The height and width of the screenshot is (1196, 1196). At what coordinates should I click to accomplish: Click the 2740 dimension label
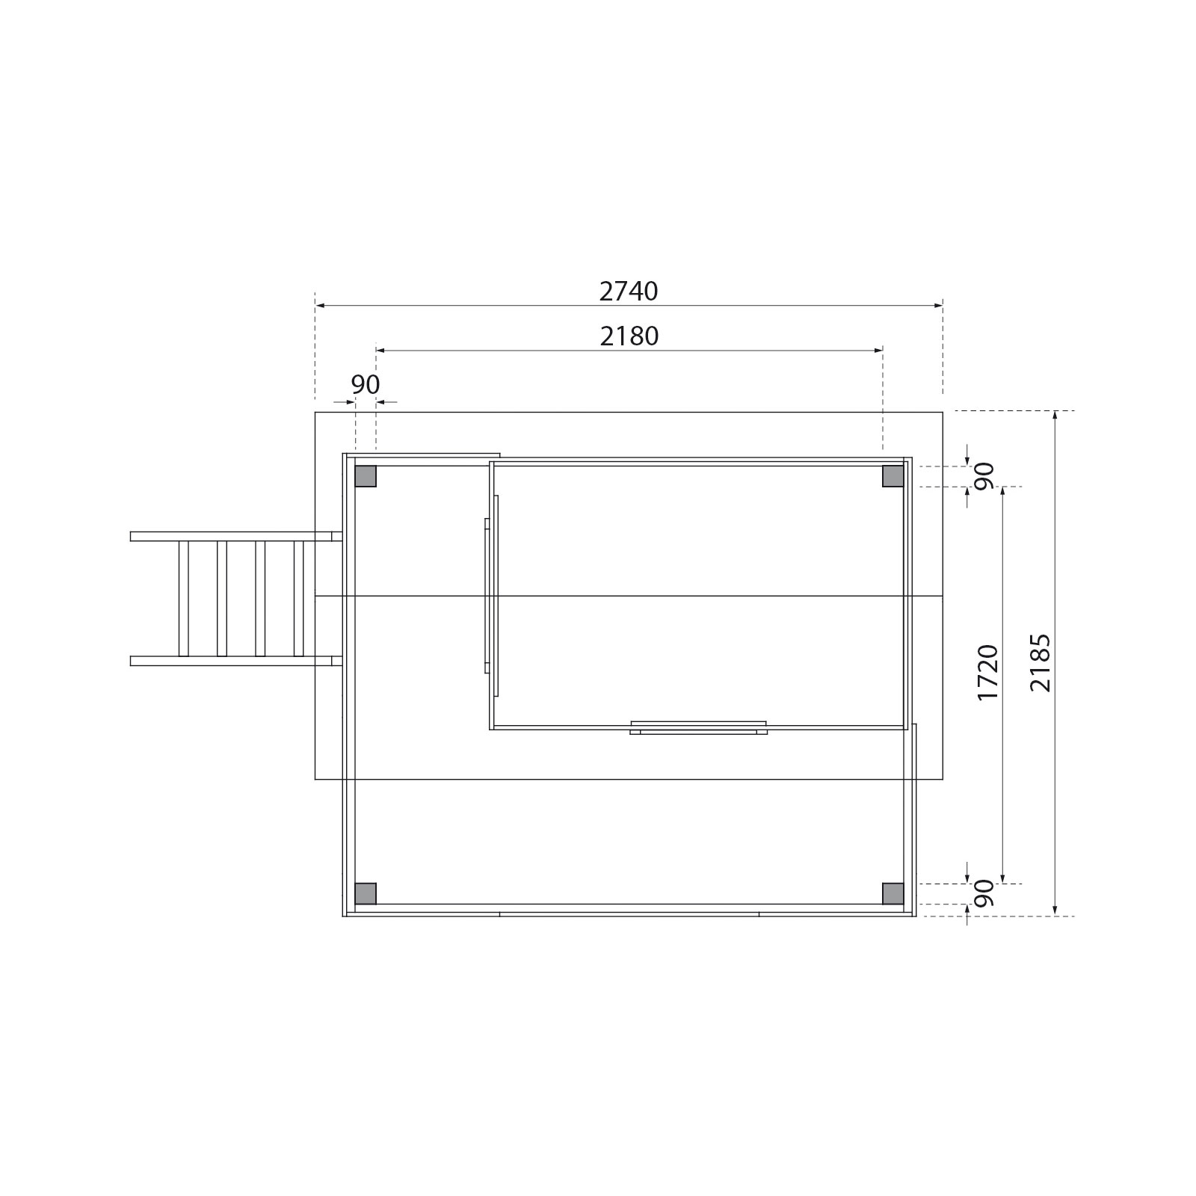pyautogui.click(x=629, y=291)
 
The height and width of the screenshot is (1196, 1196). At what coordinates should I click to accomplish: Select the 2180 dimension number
pyautogui.click(x=629, y=336)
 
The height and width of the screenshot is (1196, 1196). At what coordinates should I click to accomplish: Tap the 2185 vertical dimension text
pyautogui.click(x=1040, y=663)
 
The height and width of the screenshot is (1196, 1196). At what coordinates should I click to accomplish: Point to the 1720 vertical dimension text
pyautogui.click(x=987, y=672)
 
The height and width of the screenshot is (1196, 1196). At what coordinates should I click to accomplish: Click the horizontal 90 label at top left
pyautogui.click(x=366, y=384)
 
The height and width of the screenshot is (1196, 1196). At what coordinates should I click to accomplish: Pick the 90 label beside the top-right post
pyautogui.click(x=984, y=476)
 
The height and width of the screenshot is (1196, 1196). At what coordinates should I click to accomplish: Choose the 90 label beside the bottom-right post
pyautogui.click(x=984, y=893)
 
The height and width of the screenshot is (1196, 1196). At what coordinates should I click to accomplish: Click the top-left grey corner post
pyautogui.click(x=366, y=476)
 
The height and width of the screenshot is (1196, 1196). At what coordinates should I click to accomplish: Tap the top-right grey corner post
pyautogui.click(x=893, y=476)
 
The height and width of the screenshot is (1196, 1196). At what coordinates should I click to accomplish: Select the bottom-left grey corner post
pyautogui.click(x=366, y=893)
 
